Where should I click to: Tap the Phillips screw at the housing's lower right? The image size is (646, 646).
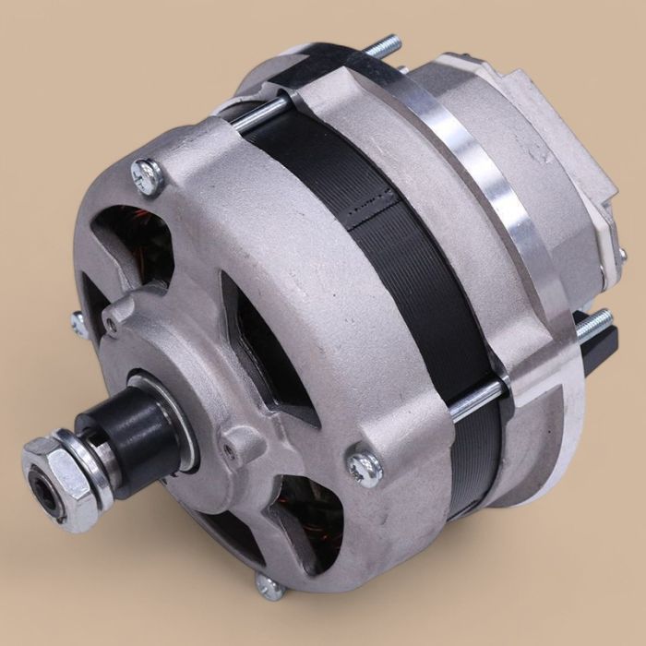(365, 467)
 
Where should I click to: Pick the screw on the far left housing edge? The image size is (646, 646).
(78, 322)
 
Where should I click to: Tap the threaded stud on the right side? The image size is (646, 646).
(595, 322)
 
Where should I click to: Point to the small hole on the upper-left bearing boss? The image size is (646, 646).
(110, 323)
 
